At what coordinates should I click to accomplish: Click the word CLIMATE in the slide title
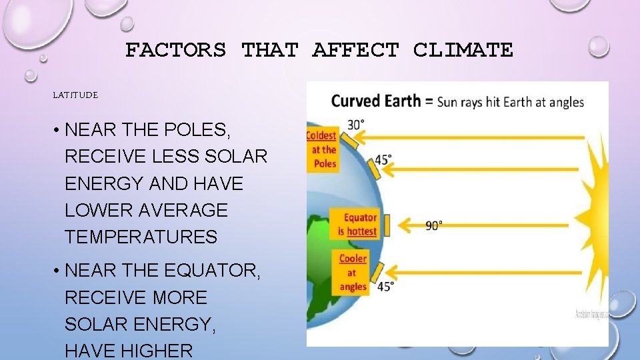point(463,50)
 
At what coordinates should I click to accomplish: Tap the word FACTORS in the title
point(175,50)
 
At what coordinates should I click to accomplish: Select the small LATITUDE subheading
point(75,95)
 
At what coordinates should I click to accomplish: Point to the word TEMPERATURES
point(141,237)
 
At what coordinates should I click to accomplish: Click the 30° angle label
point(357,125)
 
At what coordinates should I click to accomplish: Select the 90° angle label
point(433,226)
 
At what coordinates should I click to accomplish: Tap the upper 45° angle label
point(383,160)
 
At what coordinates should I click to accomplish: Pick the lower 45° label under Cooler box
point(385,285)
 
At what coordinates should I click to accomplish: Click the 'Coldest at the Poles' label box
point(322,150)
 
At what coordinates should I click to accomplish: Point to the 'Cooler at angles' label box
point(353,272)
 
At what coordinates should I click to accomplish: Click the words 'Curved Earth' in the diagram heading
point(376,101)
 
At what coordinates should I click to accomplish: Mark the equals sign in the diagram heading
point(430,102)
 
